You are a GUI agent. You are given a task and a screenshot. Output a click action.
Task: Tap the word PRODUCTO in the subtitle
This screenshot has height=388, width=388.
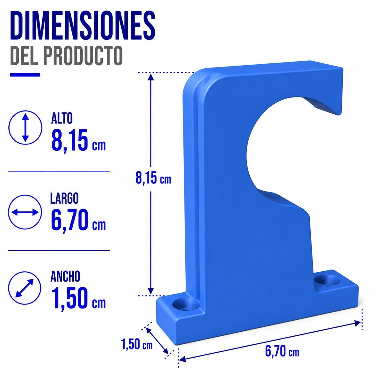coord(83,55)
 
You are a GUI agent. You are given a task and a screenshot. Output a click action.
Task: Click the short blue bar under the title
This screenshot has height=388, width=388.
coord(25,75)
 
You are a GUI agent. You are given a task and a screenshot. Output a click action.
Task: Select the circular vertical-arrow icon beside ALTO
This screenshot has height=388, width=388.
coord(25,127)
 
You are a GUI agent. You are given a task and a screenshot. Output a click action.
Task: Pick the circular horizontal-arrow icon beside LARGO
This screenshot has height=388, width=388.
coord(25,212)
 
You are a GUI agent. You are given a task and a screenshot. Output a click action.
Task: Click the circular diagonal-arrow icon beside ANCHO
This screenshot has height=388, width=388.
coord(25,288)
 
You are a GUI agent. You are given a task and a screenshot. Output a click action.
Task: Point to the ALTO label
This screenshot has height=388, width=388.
coord(62,119)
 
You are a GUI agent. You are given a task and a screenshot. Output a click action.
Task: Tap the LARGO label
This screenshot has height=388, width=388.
coord(64,198)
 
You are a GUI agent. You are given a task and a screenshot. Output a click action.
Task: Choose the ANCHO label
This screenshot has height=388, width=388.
coord(65,276)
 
